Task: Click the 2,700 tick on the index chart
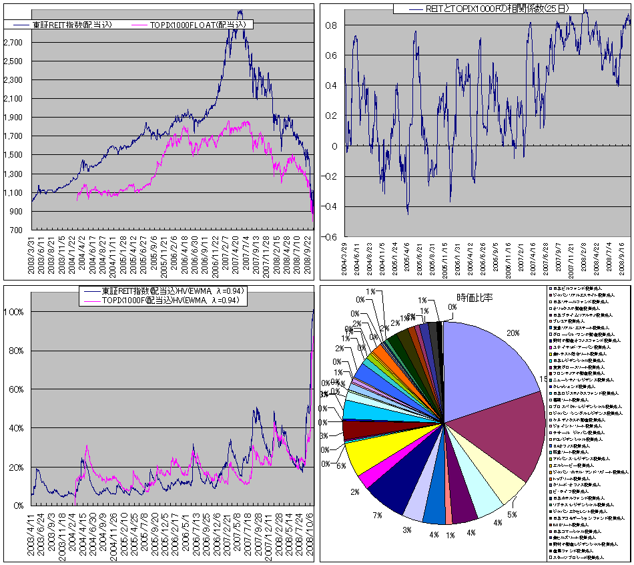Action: pyautogui.click(x=14, y=42)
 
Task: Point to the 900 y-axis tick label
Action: pyautogui.click(x=16, y=211)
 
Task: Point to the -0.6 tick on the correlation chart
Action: pyautogui.click(x=331, y=237)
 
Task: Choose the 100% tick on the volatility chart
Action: pyautogui.click(x=15, y=312)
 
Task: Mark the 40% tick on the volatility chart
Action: pyautogui.click(x=16, y=428)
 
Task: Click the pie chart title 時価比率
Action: pyautogui.click(x=474, y=297)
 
